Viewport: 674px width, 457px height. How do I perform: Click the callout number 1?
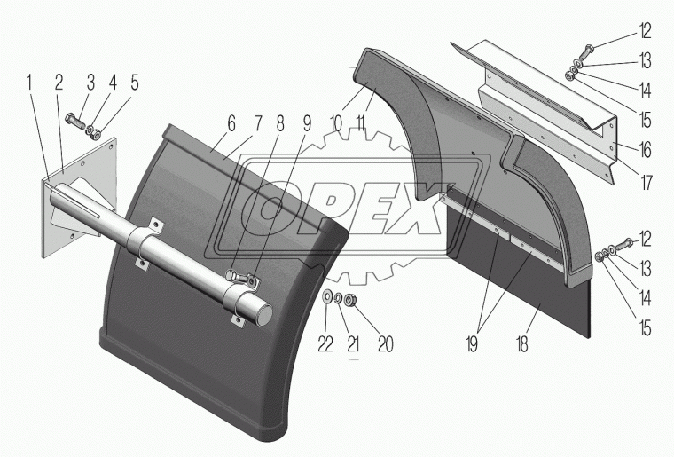(29, 83)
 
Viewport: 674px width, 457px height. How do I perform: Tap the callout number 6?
(231, 124)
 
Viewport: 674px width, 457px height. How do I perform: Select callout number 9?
(307, 124)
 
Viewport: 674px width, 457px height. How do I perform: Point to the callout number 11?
(360, 124)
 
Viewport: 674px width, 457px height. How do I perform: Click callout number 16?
(645, 150)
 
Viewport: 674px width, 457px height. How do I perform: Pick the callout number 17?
(646, 183)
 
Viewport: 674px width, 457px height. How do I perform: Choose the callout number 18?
(521, 345)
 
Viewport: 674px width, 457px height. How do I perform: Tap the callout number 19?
(472, 345)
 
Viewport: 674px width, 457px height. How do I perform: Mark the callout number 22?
(325, 344)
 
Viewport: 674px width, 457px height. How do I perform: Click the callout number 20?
(385, 344)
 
